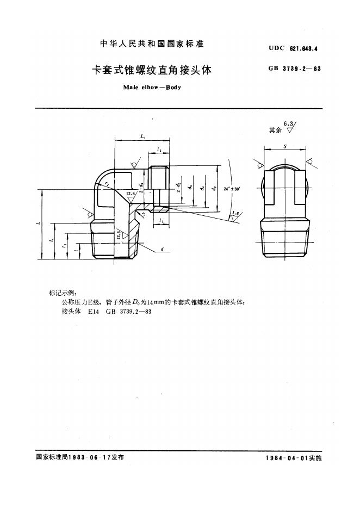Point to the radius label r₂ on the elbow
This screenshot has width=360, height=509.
tap(108, 185)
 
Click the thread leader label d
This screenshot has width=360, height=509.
tap(163, 249)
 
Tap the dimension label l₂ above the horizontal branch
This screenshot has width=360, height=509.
tap(158, 149)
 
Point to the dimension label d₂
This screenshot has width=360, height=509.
tap(215, 188)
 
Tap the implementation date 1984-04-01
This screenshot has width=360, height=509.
tap(287, 458)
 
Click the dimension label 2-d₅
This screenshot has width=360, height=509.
tap(178, 188)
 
